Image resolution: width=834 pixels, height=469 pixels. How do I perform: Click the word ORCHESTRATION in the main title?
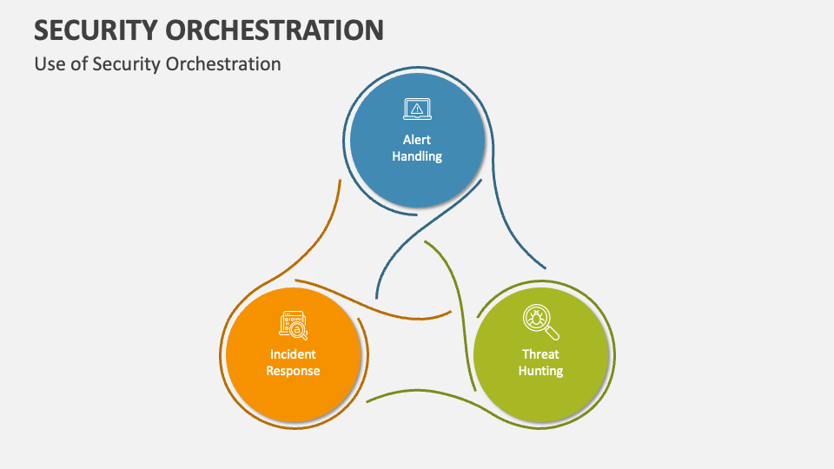(x=285, y=30)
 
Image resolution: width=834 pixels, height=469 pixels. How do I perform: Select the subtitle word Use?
(x=49, y=64)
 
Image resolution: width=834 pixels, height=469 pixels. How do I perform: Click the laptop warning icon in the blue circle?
(x=417, y=109)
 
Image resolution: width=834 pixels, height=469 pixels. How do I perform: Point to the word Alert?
(x=417, y=139)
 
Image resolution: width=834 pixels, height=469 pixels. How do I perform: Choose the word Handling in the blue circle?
(x=417, y=156)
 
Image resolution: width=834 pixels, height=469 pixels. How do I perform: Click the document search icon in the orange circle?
(x=293, y=324)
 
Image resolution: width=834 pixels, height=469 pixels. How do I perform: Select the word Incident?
(x=293, y=353)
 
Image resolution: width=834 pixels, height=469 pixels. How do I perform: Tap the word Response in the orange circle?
(x=293, y=371)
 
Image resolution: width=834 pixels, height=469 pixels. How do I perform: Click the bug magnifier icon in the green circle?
(x=540, y=322)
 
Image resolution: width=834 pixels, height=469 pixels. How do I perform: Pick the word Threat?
(x=540, y=353)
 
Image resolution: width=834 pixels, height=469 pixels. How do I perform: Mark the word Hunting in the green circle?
(x=540, y=371)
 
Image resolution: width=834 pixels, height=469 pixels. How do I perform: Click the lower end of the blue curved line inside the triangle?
(x=376, y=298)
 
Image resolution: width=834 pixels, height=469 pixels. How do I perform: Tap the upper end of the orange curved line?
(x=337, y=181)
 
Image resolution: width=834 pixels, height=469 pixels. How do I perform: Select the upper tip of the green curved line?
(x=425, y=242)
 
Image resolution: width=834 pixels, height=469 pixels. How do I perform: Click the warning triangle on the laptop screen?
(x=417, y=108)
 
